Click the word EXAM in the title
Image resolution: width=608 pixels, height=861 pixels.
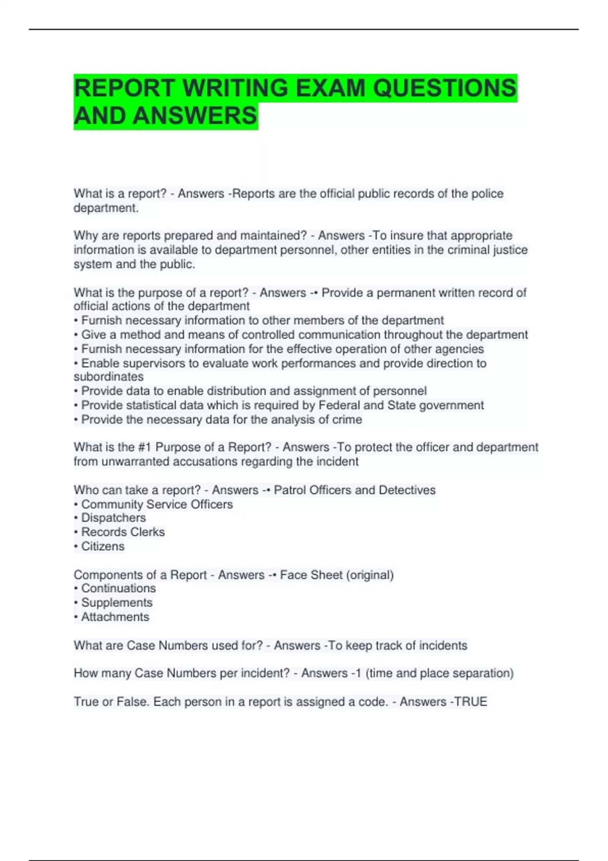point(330,88)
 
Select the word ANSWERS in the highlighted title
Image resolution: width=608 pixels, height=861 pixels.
point(195,115)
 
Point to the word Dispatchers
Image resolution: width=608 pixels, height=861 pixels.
point(113,518)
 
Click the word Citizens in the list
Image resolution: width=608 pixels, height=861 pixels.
point(103,546)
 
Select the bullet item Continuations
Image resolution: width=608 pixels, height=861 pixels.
point(119,588)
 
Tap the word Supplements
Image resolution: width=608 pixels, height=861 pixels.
point(117,602)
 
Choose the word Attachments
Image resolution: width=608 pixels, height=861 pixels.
point(115,616)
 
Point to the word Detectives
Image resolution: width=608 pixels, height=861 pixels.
point(407,490)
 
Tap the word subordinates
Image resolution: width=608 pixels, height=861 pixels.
point(108,376)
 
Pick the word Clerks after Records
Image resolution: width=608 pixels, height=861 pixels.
point(147,532)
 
